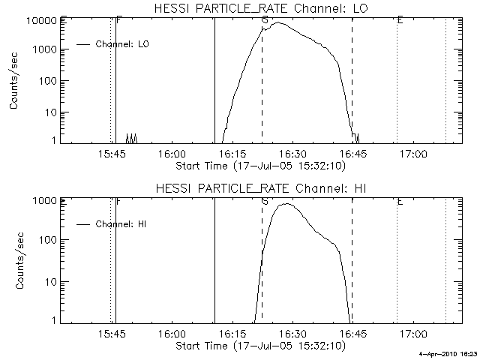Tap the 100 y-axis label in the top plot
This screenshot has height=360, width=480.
tap(48, 81)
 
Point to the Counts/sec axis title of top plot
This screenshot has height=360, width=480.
tap(14, 81)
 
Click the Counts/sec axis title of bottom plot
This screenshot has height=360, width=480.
tap(14, 260)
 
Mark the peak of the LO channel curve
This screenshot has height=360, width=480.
tap(279, 22)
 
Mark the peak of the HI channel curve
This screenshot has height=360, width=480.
tap(286, 203)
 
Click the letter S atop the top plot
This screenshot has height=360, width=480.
tap(265, 20)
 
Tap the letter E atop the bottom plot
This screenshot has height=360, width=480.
tap(400, 201)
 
